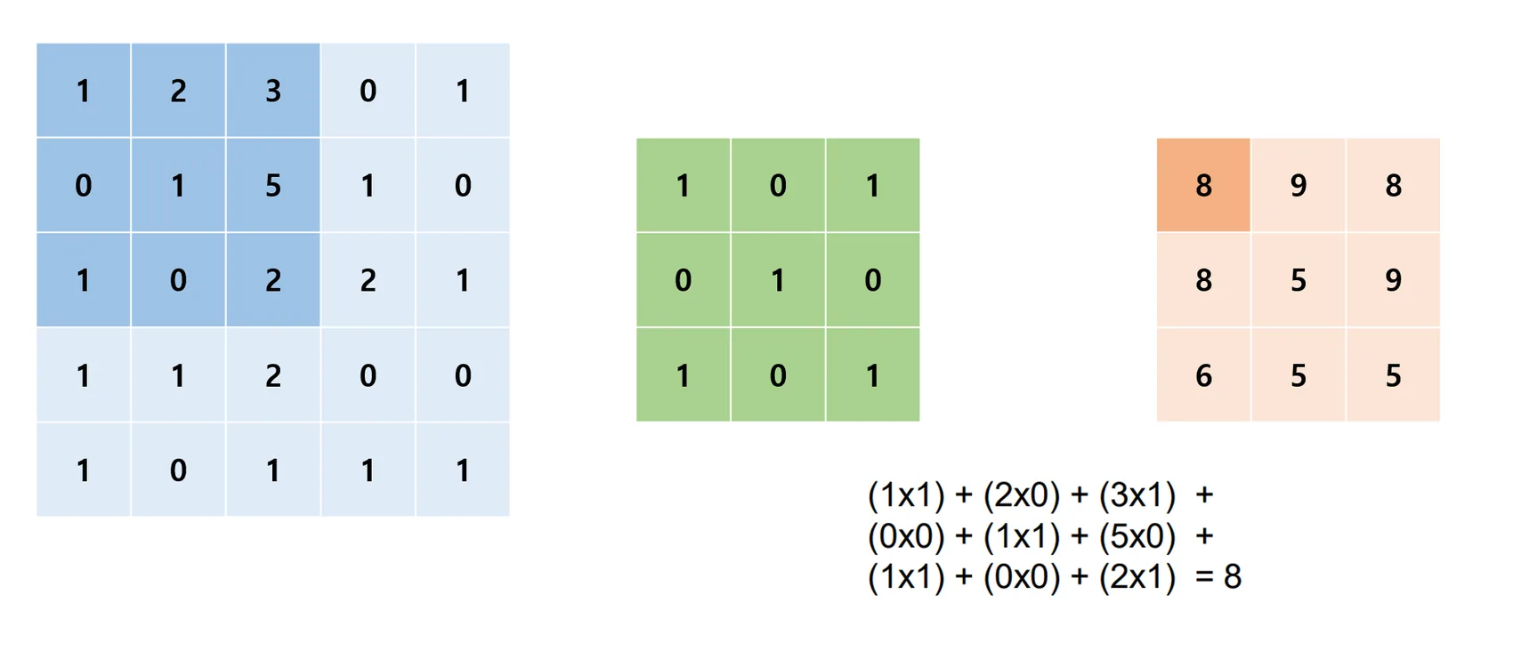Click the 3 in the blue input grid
(x=273, y=91)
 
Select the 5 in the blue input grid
(x=273, y=185)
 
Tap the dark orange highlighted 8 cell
(x=1203, y=185)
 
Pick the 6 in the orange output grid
(x=1203, y=375)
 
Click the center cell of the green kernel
(x=778, y=279)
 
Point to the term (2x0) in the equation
(x=1022, y=495)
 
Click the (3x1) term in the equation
(x=1137, y=495)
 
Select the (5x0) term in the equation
(x=1137, y=536)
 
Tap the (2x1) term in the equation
(x=1137, y=577)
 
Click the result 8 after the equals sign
(x=1233, y=577)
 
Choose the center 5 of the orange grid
(x=1299, y=279)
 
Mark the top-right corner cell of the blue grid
(x=463, y=91)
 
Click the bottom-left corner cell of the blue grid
(x=83, y=470)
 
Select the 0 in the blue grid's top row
(x=368, y=91)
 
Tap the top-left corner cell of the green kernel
(x=683, y=185)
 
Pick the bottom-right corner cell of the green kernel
(x=873, y=375)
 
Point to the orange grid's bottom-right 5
(x=1394, y=375)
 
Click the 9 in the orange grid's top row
(x=1299, y=185)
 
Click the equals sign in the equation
(x=1204, y=577)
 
